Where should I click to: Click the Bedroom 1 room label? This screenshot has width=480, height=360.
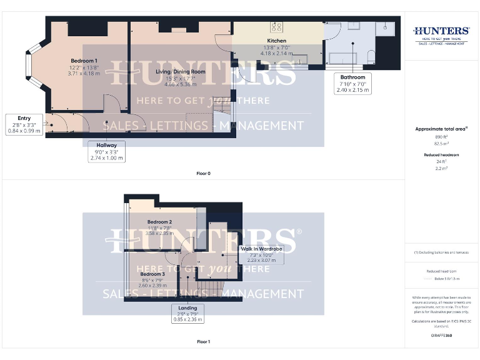click(x=83, y=61)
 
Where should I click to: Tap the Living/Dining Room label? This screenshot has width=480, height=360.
click(x=180, y=72)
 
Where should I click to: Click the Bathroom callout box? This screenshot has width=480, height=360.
click(x=352, y=83)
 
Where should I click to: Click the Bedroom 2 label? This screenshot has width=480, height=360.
click(x=159, y=222)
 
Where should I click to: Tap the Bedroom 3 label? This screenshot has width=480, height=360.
click(x=152, y=274)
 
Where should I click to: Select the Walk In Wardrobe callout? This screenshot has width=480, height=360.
click(x=262, y=255)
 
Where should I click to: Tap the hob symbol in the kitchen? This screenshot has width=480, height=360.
click(x=276, y=26)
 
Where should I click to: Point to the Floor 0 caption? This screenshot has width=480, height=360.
click(x=203, y=173)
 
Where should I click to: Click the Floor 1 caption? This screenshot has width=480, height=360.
click(x=203, y=342)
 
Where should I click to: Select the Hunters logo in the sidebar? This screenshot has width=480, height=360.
click(x=441, y=33)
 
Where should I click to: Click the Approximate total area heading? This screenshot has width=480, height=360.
click(x=441, y=129)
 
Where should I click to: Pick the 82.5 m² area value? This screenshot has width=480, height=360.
click(x=441, y=143)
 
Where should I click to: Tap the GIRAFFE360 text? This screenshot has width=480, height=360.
click(x=441, y=336)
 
